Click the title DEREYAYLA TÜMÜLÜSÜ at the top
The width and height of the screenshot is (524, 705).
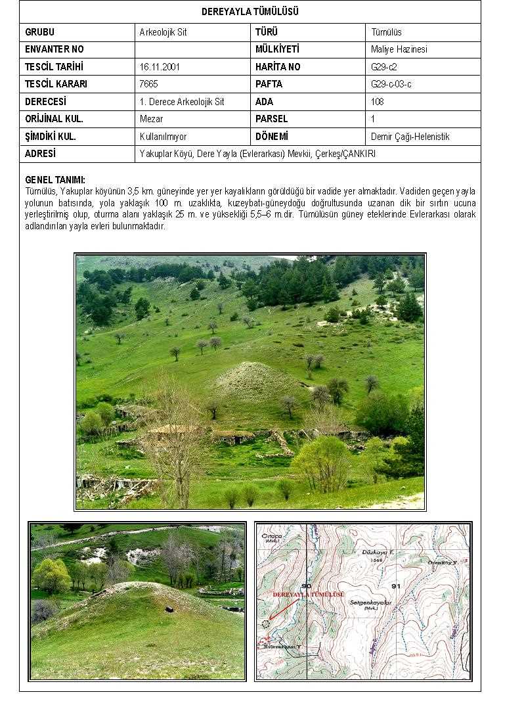250,12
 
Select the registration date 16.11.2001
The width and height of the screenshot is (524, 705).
160,67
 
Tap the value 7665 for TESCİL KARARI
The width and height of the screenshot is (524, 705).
148,84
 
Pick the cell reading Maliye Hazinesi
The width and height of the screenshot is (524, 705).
399,49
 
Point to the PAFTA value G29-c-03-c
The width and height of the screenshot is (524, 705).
391,84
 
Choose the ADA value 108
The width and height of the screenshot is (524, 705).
377,102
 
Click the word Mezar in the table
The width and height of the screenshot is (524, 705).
151,119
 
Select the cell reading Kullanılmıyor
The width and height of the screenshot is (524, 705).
163,137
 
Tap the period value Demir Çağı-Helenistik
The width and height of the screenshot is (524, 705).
410,137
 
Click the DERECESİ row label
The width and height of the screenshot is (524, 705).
45,102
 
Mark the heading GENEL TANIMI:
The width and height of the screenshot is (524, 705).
55,179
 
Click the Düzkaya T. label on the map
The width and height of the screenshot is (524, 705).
377,553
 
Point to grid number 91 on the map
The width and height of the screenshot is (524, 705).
395,585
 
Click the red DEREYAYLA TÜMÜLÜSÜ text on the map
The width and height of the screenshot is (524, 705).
309,594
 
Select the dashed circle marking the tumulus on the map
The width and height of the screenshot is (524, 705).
265,623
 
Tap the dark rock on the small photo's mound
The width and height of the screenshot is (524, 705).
169,608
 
